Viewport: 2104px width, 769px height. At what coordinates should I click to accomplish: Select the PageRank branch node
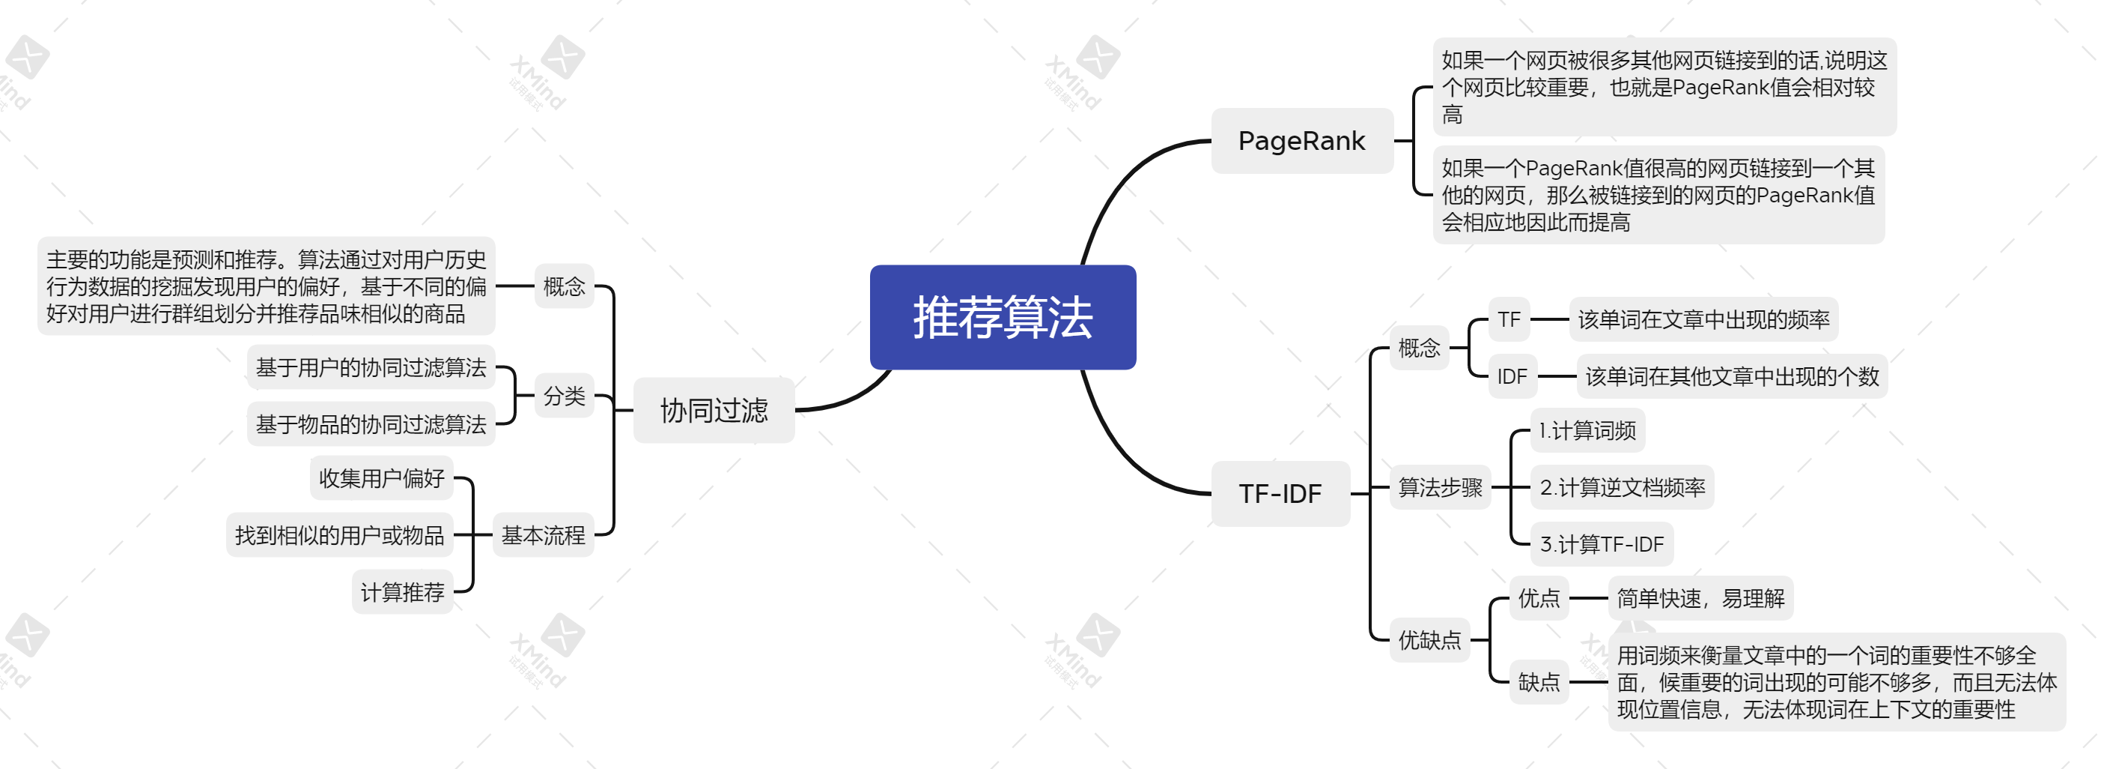point(1301,141)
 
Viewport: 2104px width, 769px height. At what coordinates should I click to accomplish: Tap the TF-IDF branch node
point(1280,494)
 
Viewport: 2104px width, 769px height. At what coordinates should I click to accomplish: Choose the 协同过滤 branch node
point(714,410)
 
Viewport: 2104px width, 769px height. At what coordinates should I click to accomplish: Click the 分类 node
point(564,396)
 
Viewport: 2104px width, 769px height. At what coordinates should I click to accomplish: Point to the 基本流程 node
point(543,535)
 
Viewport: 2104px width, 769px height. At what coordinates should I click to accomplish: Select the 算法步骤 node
point(1440,487)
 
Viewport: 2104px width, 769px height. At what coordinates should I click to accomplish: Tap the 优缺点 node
point(1429,640)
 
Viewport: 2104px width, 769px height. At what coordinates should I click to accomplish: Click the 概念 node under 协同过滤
point(564,286)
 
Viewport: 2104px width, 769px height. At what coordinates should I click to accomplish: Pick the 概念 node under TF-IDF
point(1419,348)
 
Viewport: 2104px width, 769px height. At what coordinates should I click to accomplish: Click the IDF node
point(1512,376)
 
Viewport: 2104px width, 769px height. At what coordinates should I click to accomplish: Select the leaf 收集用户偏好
point(381,478)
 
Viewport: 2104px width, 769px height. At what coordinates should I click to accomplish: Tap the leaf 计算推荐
point(402,591)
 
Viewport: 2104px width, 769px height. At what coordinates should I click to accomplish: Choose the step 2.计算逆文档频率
point(1622,487)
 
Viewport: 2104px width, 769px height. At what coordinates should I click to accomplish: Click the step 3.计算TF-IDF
point(1602,544)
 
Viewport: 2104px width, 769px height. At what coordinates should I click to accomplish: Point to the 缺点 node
point(1539,681)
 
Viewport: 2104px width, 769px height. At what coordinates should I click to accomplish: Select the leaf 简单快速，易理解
point(1700,598)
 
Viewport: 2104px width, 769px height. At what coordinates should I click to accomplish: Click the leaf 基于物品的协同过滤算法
point(371,424)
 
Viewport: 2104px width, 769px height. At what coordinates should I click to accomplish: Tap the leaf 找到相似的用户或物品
point(339,535)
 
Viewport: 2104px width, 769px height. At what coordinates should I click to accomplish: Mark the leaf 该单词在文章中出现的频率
point(1703,319)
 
